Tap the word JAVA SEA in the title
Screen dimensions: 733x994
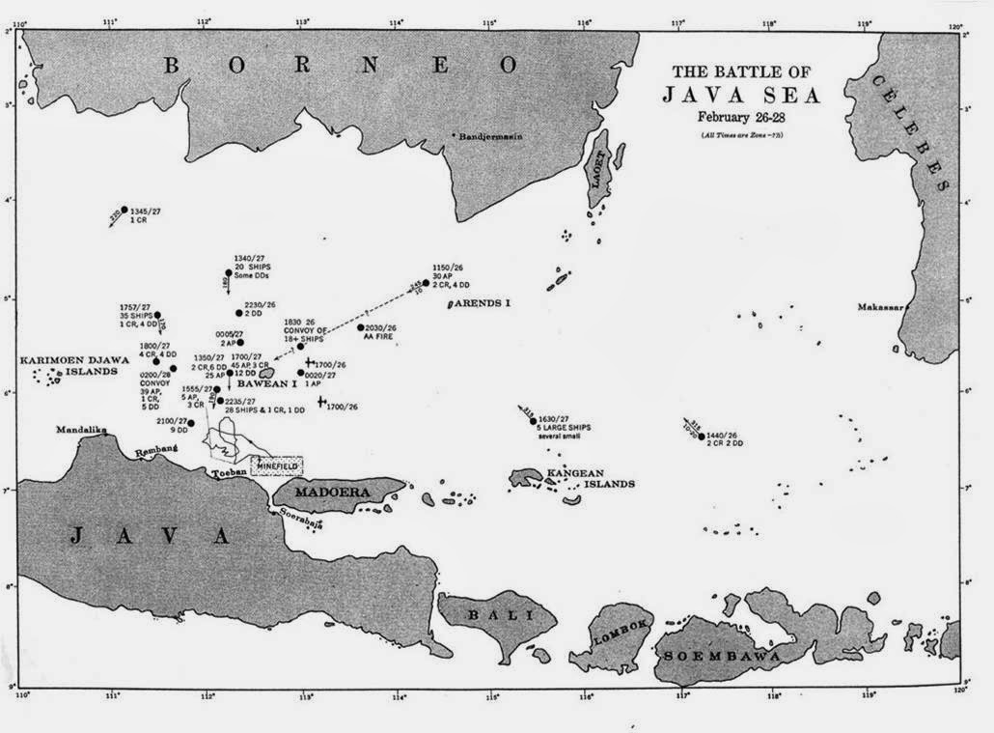pos(740,95)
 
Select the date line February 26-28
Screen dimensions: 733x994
pos(741,117)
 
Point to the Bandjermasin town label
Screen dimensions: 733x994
pos(491,136)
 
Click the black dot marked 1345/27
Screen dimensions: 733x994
pos(124,210)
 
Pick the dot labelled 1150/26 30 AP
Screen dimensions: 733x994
pos(426,283)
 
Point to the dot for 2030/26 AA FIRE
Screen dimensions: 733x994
pos(361,327)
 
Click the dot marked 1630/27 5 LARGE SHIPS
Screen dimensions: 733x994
pos(533,421)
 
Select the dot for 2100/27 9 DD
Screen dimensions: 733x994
pos(191,423)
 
